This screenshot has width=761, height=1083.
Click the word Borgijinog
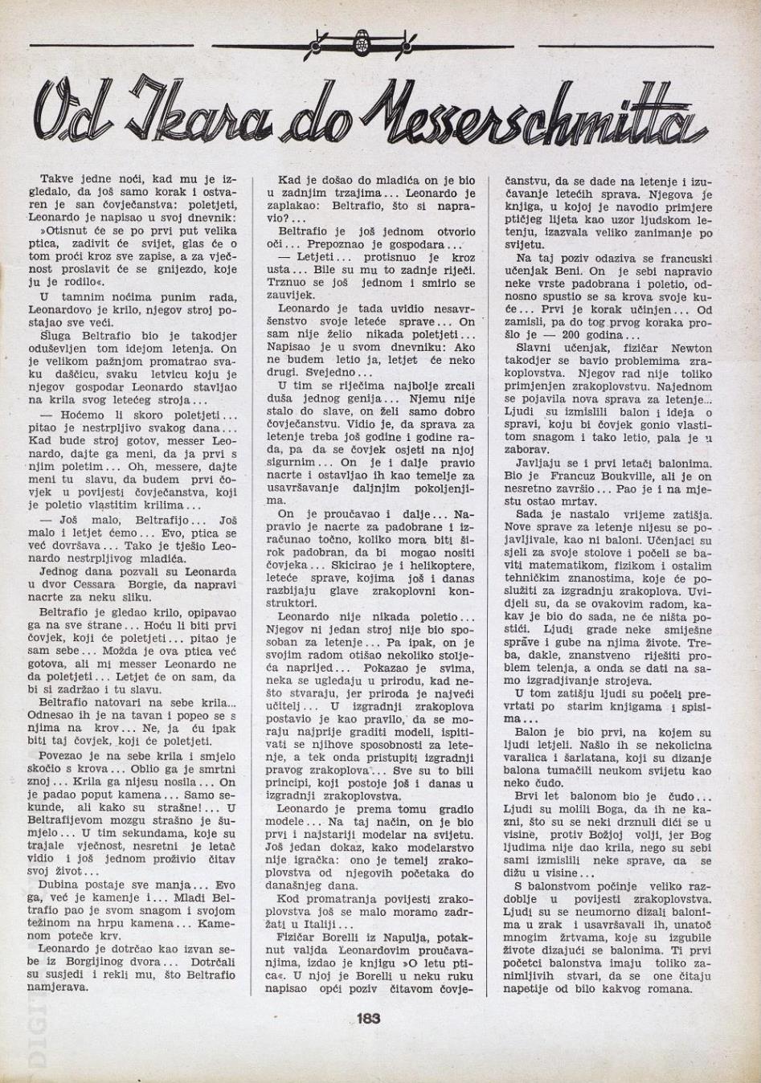[113, 962]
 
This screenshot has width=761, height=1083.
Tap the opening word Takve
[55, 180]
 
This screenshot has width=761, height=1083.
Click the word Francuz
[563, 476]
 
